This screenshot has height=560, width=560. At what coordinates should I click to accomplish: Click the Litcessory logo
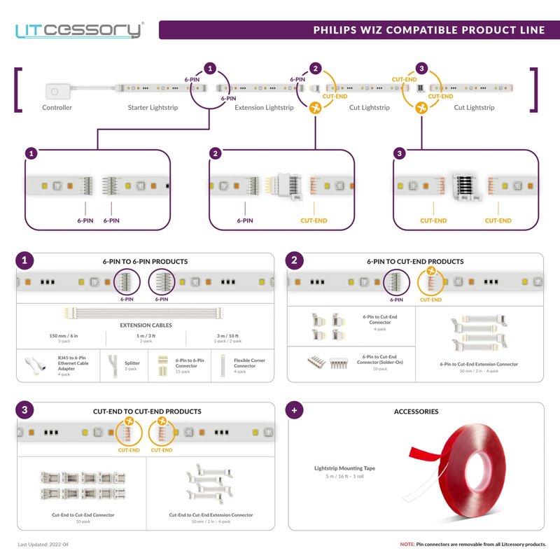coord(79,30)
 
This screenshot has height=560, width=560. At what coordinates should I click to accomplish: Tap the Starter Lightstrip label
coord(153,108)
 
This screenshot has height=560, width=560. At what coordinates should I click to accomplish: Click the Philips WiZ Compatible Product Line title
coord(428,30)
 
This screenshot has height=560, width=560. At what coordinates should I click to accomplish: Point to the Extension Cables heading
coord(146,325)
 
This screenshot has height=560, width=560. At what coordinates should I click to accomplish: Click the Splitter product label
coord(132,364)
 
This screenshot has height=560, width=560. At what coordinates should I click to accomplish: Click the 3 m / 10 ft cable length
coord(230,336)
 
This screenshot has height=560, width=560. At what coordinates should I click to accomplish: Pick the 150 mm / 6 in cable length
coord(64,336)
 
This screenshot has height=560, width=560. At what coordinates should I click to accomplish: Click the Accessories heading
coord(416,412)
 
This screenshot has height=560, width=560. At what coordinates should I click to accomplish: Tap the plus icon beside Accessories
coord(295,412)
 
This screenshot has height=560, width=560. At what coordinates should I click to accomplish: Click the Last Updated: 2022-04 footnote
coord(43,544)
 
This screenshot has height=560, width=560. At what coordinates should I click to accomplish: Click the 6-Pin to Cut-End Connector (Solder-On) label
coord(380,360)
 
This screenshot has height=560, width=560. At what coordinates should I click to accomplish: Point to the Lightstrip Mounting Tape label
coord(345,468)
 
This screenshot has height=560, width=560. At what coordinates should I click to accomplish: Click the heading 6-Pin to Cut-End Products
coord(415,262)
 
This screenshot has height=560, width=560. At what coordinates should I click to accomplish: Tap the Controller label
coord(57,108)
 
